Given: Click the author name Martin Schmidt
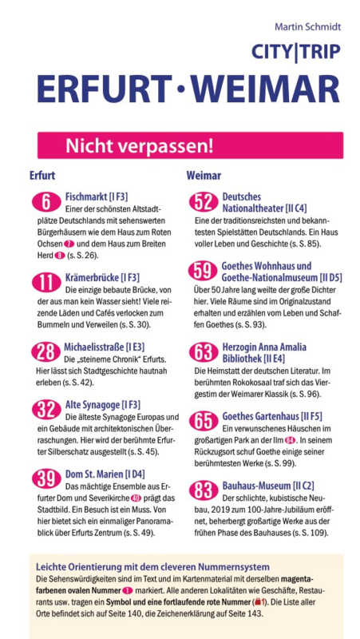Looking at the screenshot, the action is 307,27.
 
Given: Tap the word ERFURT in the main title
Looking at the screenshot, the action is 103,90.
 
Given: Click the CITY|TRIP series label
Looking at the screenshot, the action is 295,52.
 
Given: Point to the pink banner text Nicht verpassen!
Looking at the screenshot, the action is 139,146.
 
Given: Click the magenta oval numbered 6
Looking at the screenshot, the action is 46,203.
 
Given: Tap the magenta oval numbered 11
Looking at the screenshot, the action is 46,283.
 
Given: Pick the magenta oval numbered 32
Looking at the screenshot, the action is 46,410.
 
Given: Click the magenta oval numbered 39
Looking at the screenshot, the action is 46,478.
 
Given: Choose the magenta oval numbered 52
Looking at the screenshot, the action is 204,203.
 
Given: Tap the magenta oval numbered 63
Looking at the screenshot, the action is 204,352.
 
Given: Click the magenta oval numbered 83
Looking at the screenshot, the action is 204,490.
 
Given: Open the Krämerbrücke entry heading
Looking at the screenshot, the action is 102,278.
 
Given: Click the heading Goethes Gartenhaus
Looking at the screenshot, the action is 272,416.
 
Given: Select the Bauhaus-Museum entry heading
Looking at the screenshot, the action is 268,486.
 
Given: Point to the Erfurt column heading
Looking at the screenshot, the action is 42,176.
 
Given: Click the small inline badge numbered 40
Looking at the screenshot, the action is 136,498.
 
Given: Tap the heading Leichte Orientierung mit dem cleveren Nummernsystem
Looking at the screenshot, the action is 152,566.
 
